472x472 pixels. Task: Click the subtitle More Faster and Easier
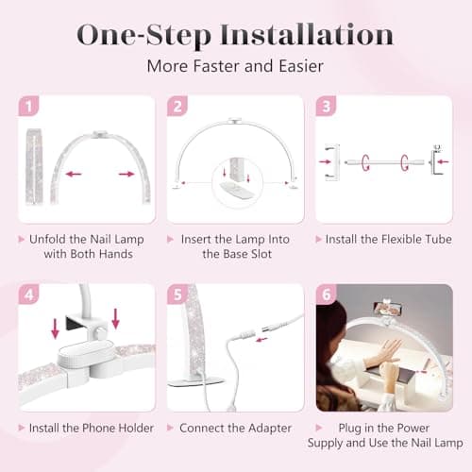coord(235,67)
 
